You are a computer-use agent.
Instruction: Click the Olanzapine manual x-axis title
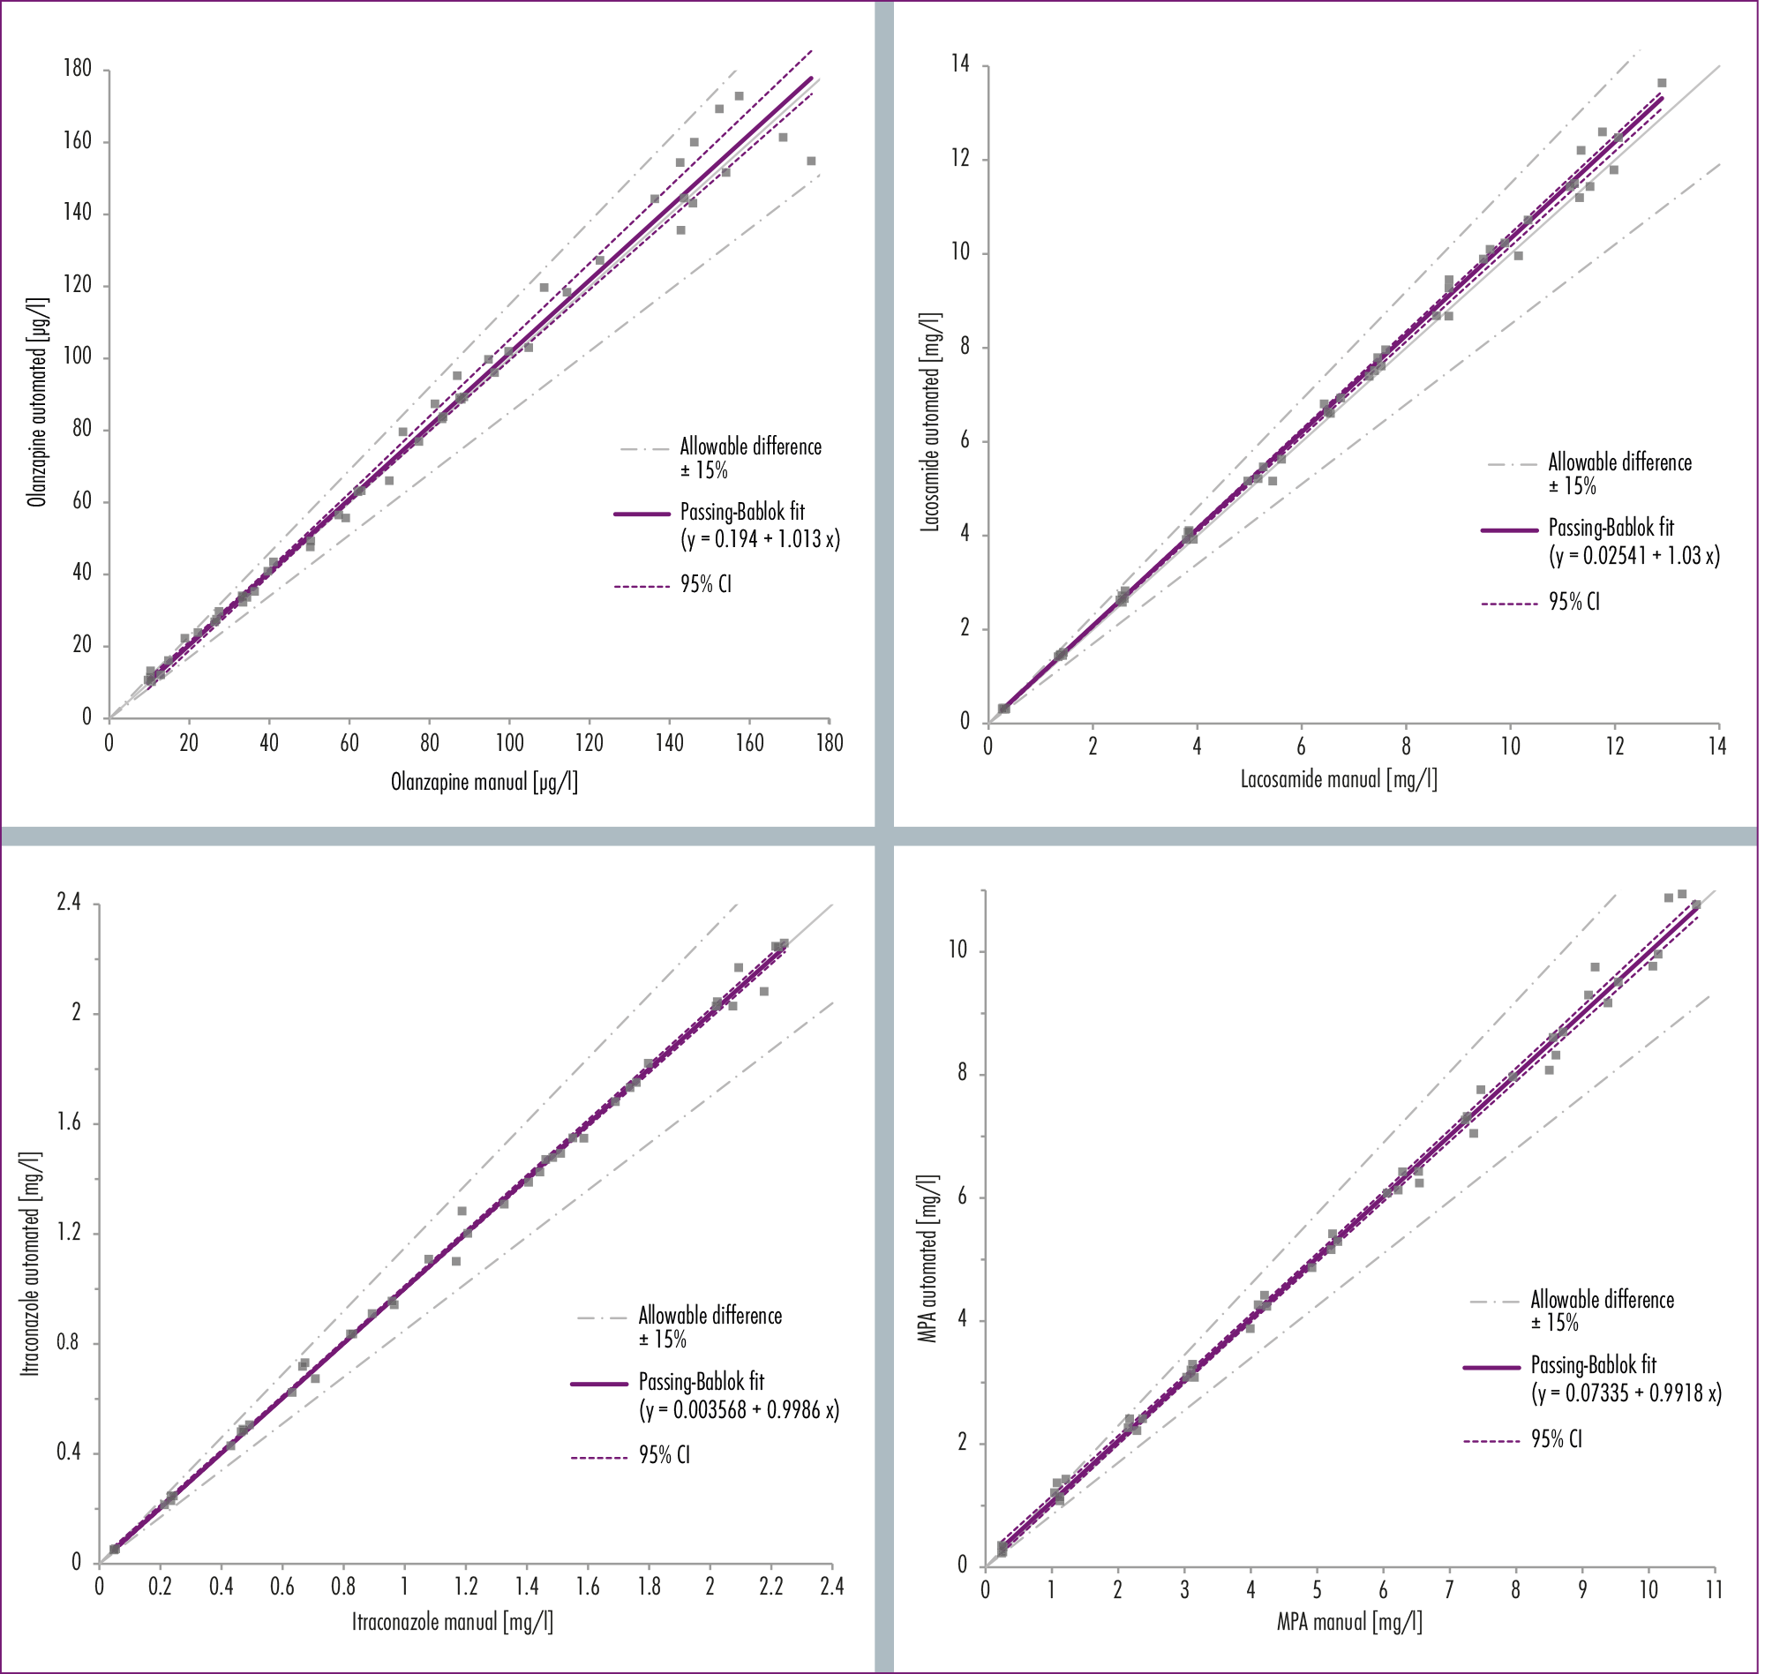click(484, 783)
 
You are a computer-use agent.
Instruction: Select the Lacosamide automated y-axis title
click(931, 422)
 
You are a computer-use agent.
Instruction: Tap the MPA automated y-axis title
click(928, 1258)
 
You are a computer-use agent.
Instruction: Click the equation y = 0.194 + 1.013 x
click(760, 539)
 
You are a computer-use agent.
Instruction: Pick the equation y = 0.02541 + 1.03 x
click(1634, 556)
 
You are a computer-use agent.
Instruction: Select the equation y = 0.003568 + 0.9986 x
click(740, 1409)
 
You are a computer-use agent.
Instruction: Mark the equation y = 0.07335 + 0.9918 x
click(1626, 1392)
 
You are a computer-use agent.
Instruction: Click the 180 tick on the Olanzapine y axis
click(78, 69)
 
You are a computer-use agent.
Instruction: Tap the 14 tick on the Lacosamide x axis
click(1717, 746)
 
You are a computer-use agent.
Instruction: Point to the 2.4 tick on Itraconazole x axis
click(831, 1586)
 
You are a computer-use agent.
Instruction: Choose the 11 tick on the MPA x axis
click(1714, 1589)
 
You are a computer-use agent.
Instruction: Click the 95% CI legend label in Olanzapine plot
click(706, 584)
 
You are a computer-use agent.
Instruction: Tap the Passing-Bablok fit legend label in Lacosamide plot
click(1611, 528)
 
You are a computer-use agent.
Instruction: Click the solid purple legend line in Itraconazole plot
click(598, 1384)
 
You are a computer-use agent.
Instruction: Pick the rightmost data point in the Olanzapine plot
click(811, 161)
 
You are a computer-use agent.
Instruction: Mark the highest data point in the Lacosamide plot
click(1662, 83)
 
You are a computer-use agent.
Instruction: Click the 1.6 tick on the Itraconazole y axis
click(69, 1122)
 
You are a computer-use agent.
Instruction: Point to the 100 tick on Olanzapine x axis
click(509, 742)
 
